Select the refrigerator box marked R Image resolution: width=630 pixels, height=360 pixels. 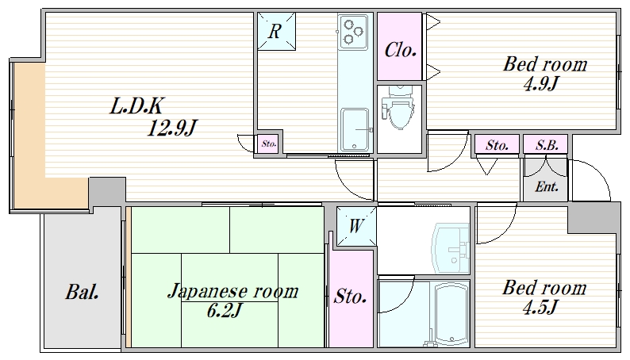(x=275, y=33)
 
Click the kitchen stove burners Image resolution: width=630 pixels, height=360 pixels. (x=353, y=31)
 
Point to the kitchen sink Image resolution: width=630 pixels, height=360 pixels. (x=355, y=127)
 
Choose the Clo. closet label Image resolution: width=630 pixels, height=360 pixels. (x=400, y=51)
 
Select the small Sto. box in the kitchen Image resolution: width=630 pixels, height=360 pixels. (x=268, y=144)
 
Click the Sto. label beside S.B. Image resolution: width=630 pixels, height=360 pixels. (x=497, y=144)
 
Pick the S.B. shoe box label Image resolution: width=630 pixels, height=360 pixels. (x=545, y=144)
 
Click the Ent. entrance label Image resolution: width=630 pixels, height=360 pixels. (x=545, y=187)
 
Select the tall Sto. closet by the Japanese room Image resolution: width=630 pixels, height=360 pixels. (x=350, y=297)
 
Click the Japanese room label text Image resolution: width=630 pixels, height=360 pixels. (x=232, y=291)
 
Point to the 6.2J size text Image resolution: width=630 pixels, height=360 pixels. (x=225, y=311)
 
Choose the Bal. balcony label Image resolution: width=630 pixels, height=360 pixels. (x=82, y=292)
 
